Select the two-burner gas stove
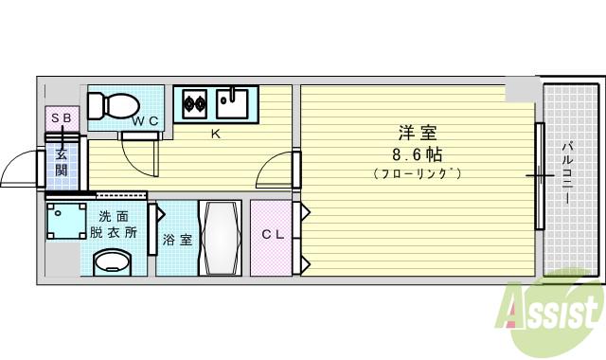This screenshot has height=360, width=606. tap(195, 100)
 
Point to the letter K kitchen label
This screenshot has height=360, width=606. tap(215, 134)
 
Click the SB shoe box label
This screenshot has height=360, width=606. tap(61, 117)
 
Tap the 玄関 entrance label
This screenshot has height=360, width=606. tap(61, 162)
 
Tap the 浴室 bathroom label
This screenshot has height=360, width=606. tap(177, 240)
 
